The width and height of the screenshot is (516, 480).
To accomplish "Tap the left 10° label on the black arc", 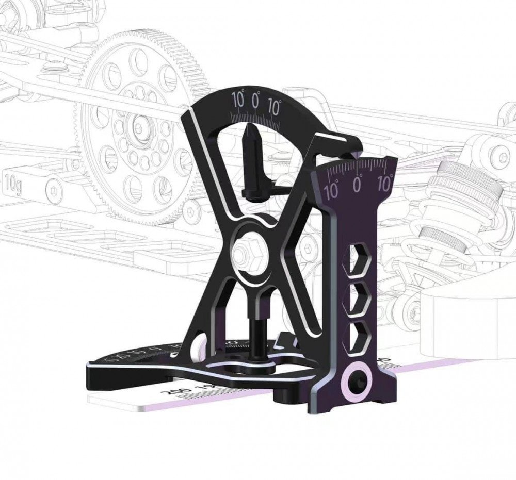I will coord(238,99).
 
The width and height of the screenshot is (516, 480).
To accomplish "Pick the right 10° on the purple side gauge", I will coord(385,182).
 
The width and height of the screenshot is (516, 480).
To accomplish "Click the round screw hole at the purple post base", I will coord(357,382).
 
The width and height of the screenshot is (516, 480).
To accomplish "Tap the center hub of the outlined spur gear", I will coord(138,125).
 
